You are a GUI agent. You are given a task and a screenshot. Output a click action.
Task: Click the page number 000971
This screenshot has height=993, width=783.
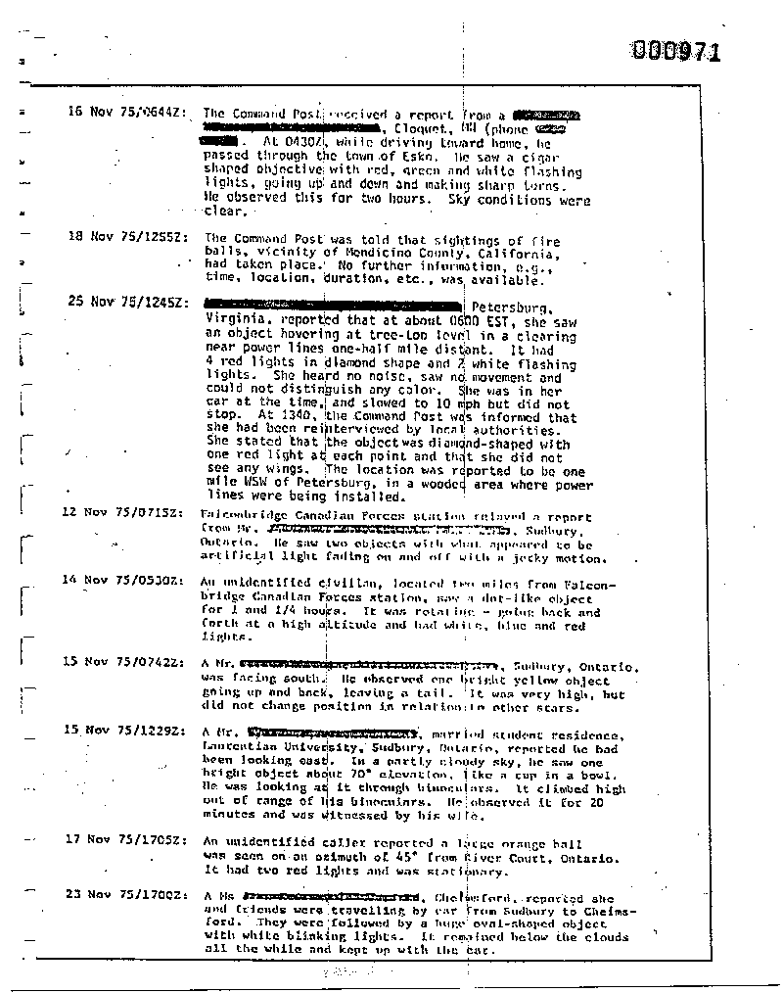676,51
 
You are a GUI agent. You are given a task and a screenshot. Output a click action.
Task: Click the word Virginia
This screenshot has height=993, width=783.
236,319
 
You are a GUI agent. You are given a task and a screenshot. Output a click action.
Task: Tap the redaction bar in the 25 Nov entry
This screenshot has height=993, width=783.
333,303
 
